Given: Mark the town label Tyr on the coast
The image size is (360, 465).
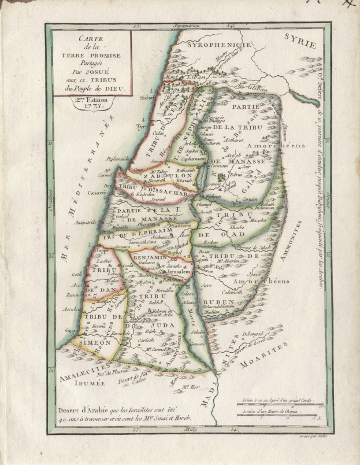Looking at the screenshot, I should click(140, 124).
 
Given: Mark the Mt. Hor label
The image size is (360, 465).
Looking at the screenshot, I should click(187, 386).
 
